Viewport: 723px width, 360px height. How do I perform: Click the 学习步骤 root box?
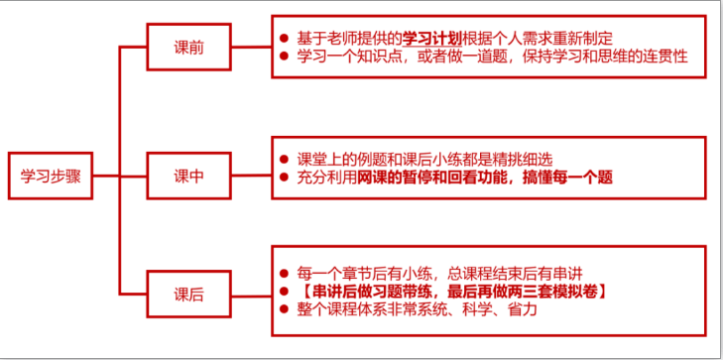[51, 176]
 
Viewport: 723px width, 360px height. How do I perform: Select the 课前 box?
[188, 47]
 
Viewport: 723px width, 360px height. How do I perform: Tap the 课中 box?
[188, 176]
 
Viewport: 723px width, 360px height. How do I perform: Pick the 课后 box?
[188, 295]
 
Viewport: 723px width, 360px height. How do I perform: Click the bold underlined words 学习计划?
[432, 38]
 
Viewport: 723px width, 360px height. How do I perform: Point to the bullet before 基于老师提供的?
[284, 38]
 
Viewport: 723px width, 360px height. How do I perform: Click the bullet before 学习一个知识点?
[284, 57]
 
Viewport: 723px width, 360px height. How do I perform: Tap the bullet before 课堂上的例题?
[284, 160]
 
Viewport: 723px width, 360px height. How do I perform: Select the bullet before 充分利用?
[284, 178]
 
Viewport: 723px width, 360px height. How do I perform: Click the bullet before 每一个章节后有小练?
[284, 273]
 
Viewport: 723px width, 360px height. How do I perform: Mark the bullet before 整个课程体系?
[284, 309]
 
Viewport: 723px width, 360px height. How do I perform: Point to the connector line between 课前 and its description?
[251, 47]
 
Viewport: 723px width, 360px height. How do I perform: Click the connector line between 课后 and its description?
[251, 295]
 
